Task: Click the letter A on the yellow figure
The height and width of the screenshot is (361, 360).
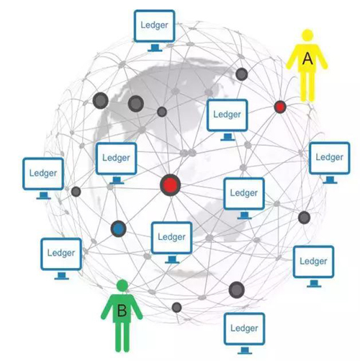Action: coord(307,58)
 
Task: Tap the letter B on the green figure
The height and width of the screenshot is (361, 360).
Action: coord(122,311)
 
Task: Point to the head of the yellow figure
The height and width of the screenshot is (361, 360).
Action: coord(307,35)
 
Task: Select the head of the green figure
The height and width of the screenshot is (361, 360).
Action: coord(122,286)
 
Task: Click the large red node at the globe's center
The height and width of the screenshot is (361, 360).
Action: coord(170,185)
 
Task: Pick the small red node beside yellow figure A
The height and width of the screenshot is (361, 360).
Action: coord(280,107)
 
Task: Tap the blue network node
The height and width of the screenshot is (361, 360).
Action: coord(118,229)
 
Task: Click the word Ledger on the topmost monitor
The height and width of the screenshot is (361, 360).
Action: coord(154,25)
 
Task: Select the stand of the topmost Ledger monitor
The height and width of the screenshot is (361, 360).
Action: coord(155,48)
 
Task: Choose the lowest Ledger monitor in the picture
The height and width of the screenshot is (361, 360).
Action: coord(244,334)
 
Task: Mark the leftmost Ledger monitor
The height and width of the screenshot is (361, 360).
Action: coord(43,179)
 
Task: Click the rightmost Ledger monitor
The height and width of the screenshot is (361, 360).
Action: coord(329,163)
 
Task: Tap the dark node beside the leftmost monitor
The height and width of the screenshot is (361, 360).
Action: coord(76,192)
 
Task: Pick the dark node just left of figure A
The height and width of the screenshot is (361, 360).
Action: coord(241,74)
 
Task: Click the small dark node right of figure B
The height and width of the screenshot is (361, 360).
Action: coord(176,308)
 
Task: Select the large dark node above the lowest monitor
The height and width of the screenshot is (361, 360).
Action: coord(237,290)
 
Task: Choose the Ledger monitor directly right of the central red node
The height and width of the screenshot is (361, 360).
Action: coord(244,198)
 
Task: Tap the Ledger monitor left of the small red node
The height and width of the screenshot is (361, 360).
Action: coord(228,120)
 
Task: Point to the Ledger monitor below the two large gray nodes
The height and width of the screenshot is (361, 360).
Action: coord(117,164)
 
